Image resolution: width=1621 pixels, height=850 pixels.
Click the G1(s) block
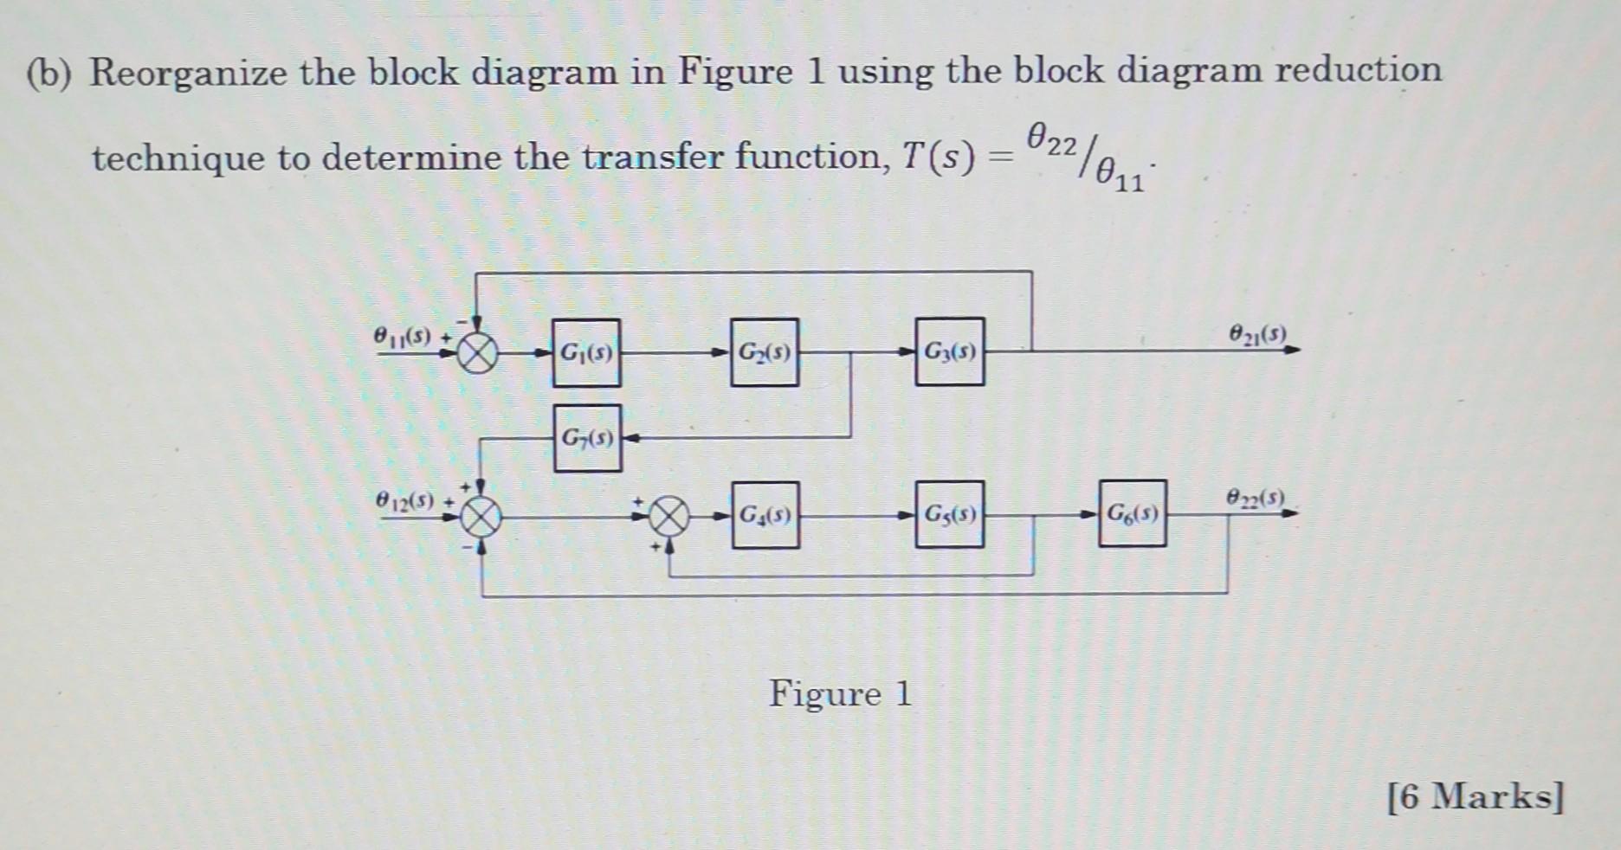coord(586,352)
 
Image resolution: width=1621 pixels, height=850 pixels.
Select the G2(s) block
coord(764,352)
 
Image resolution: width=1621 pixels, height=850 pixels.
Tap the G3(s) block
coord(949,351)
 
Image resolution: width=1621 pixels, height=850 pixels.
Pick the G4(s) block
coord(765,516)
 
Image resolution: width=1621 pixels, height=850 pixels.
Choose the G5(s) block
coord(949,515)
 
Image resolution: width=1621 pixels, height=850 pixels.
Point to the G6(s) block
coord(1132,514)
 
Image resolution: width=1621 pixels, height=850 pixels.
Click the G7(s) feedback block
coord(587,438)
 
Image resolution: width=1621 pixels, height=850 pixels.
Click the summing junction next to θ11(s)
coord(477,353)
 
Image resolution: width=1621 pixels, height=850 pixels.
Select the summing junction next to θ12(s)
coord(481,518)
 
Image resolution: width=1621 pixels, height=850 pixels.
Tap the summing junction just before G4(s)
coord(669,518)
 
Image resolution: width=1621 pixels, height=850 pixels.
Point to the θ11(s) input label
coord(402,336)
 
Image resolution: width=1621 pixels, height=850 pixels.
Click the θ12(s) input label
coord(404,500)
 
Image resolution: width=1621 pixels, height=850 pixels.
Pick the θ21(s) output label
coord(1257,332)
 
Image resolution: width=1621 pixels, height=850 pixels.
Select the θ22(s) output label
coord(1256,498)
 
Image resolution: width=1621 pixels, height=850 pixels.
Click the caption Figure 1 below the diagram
coord(840,694)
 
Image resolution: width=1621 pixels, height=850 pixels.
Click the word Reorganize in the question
coord(188,72)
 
